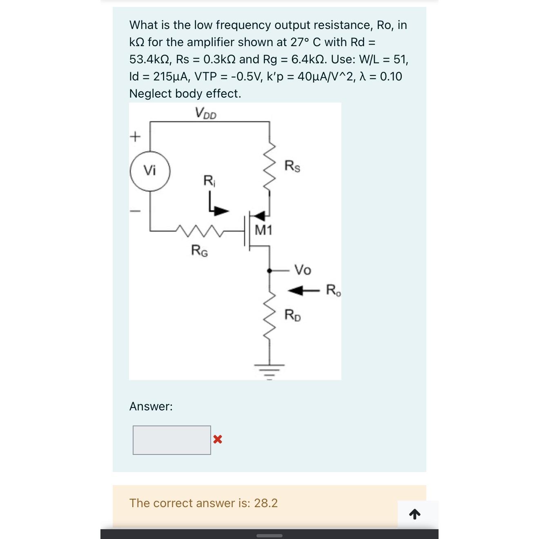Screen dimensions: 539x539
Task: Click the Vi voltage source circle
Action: pos(150,171)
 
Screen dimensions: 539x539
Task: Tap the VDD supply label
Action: pos(205,113)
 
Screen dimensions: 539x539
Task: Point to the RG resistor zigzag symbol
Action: pos(200,231)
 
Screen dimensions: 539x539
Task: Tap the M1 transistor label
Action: pos(263,230)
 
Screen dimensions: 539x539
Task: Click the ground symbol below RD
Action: pos(269,370)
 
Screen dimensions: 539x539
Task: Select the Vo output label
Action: pos(303,270)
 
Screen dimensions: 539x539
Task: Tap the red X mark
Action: pos(218,439)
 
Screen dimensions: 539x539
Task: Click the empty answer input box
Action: pos(172,440)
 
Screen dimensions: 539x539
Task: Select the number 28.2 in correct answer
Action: pos(266,503)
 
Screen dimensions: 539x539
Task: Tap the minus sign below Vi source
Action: pos(135,211)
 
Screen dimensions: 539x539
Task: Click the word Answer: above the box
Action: pos(151,406)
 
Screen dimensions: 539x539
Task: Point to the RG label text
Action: pos(200,250)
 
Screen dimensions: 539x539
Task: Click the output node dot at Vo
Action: pos(269,270)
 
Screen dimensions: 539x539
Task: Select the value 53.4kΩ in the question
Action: pos(149,60)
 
